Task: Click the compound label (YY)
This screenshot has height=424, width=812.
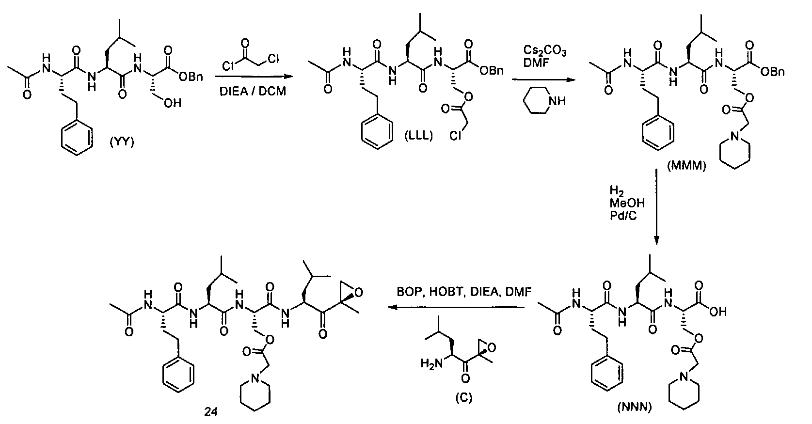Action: [x=122, y=142]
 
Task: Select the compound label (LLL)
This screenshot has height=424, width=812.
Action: [x=419, y=136]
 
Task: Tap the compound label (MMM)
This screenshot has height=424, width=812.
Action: [x=686, y=166]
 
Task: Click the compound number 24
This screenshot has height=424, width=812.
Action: [x=210, y=412]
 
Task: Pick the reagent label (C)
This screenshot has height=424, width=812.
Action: [x=464, y=397]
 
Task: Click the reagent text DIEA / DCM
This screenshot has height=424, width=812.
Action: [x=253, y=91]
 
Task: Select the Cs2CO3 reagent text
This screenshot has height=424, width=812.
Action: [x=544, y=51]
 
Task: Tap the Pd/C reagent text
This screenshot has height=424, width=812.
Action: [x=623, y=216]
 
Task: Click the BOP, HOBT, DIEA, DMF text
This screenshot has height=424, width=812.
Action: [x=464, y=292]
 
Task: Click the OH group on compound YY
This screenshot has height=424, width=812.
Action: [x=172, y=104]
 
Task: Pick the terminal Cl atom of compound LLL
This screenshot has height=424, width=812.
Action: [x=455, y=136]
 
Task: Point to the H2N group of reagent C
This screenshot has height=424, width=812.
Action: [x=431, y=363]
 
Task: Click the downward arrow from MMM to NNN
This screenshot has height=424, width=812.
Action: [x=656, y=207]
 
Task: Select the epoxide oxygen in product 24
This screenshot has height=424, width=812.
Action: [x=359, y=293]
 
